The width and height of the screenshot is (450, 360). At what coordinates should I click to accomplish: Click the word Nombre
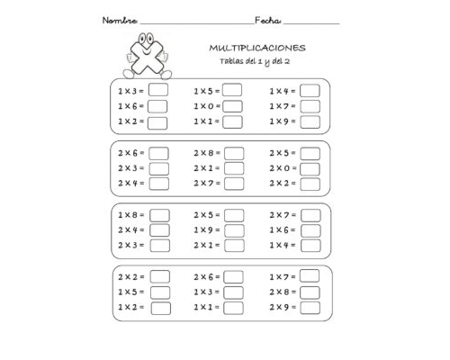point(120,20)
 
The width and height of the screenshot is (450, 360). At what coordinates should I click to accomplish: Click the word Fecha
point(268,20)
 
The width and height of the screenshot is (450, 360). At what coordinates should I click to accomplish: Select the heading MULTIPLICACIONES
point(256,47)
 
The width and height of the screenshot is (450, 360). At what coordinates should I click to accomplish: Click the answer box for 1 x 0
point(233,106)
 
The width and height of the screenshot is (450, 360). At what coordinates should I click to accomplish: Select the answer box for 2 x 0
point(310,167)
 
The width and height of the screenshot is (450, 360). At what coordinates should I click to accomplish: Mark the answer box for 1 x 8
point(159,214)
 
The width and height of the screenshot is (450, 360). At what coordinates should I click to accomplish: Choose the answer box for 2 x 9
point(310,308)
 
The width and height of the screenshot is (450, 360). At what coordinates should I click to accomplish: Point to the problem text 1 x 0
point(205,106)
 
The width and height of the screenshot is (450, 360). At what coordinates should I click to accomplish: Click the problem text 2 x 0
point(281,167)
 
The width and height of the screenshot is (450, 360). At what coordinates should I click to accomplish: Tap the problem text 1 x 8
point(130,214)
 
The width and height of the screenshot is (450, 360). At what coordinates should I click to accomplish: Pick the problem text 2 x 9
point(281,308)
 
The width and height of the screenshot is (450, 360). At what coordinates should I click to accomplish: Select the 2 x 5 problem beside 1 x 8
point(205,214)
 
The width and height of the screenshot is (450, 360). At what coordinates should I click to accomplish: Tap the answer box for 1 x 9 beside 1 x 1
point(310,121)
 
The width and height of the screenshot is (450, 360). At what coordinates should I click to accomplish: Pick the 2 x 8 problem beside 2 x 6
point(205,151)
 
